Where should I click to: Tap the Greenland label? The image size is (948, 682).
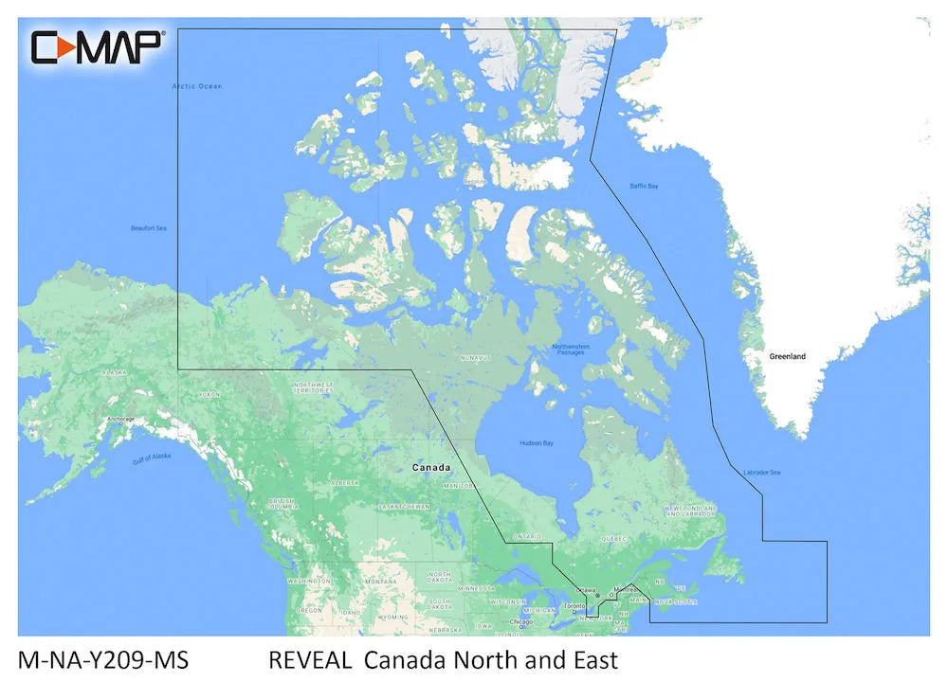[787, 356]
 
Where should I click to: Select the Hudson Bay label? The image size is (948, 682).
[537, 443]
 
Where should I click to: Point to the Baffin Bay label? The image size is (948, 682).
[644, 186]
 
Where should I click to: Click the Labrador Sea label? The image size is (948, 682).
[761, 473]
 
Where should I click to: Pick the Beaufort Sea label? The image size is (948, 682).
[148, 228]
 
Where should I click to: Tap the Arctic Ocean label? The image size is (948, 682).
[197, 86]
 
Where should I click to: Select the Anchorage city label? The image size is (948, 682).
[120, 419]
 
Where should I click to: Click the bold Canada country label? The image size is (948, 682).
[430, 468]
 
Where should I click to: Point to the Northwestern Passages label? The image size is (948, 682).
[571, 350]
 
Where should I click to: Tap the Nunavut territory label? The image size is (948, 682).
[475, 357]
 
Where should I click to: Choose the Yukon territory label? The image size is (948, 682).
[209, 394]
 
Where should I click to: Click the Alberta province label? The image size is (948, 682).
[344, 482]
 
